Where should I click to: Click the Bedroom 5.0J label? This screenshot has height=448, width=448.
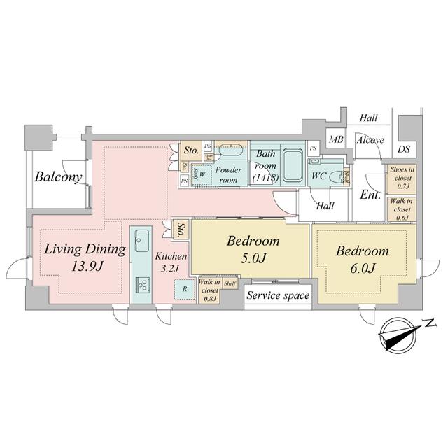[253, 249]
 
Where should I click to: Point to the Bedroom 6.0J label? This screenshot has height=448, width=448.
[361, 258]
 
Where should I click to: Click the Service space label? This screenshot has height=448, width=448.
[278, 296]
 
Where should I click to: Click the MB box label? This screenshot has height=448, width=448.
[336, 139]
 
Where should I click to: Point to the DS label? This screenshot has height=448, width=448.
[405, 148]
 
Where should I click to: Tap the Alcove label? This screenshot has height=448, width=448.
[370, 139]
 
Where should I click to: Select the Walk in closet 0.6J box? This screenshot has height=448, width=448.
[400, 209]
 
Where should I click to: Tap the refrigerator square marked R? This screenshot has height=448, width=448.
[184, 288]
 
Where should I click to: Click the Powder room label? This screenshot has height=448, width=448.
[228, 174]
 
